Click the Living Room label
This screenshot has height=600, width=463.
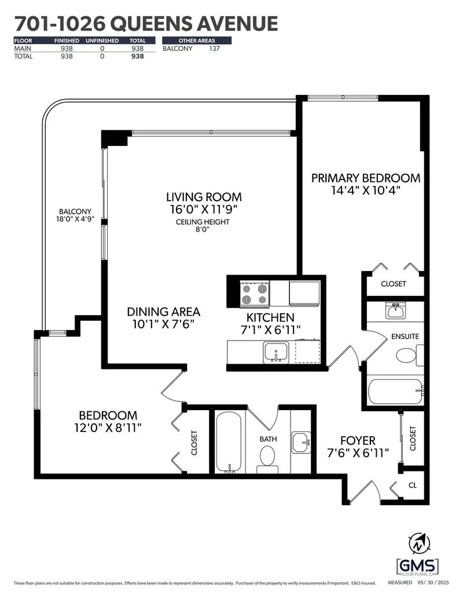(x=204, y=197)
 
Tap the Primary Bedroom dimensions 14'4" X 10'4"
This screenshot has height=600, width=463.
(x=366, y=190)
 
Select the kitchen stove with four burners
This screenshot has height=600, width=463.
(x=255, y=294)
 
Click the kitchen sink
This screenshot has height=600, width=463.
(x=275, y=353)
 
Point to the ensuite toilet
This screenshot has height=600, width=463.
(x=410, y=355)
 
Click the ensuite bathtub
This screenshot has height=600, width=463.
(x=396, y=392)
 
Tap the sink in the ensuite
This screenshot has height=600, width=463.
(x=396, y=310)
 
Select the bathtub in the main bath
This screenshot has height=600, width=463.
(x=229, y=442)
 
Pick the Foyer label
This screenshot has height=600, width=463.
(x=358, y=441)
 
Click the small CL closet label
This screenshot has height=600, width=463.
(x=413, y=485)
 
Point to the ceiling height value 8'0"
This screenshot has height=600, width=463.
(x=202, y=229)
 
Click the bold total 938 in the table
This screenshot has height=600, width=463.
(x=138, y=56)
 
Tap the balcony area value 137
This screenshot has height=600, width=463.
(x=215, y=49)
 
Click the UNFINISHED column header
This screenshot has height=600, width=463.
(x=102, y=41)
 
